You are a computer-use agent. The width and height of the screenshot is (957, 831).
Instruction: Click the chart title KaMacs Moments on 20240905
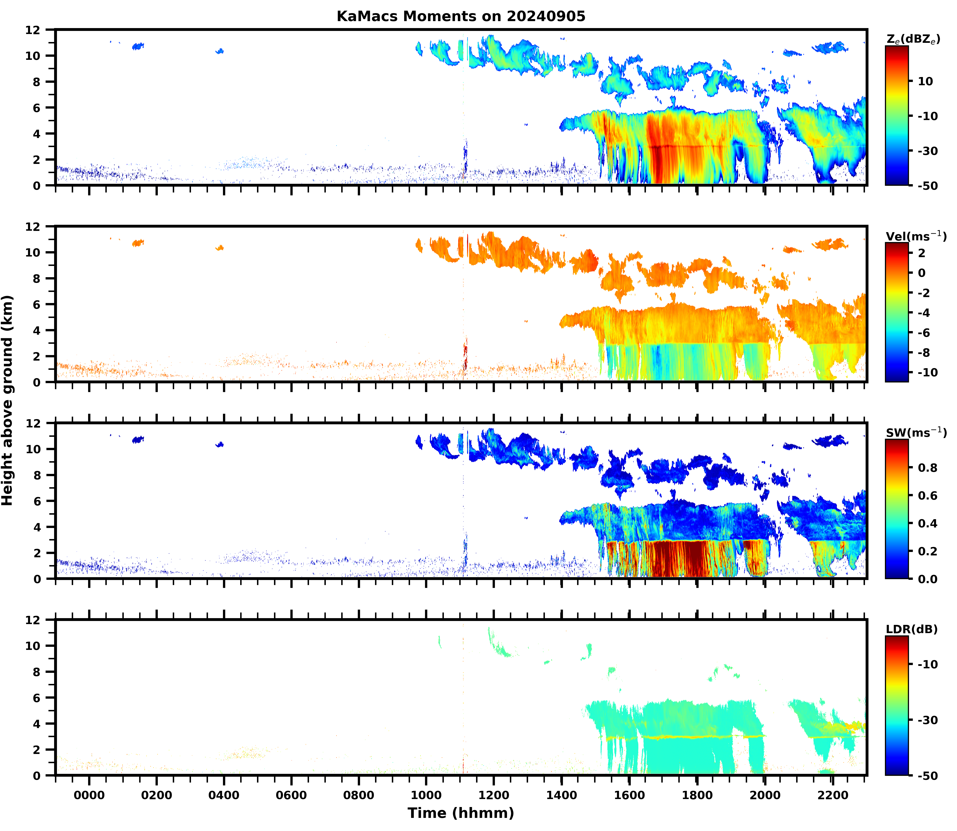pyautogui.click(x=461, y=16)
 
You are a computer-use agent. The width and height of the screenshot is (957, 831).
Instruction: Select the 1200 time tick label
pyautogui.click(x=494, y=795)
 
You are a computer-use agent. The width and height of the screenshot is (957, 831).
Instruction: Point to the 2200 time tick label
pyautogui.click(x=833, y=795)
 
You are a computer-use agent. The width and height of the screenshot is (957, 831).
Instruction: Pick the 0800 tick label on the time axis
pyautogui.click(x=359, y=795)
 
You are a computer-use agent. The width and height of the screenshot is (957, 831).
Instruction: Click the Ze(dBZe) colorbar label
pyautogui.click(x=913, y=39)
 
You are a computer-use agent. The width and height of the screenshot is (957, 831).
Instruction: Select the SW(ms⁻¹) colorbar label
pyautogui.click(x=916, y=433)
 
